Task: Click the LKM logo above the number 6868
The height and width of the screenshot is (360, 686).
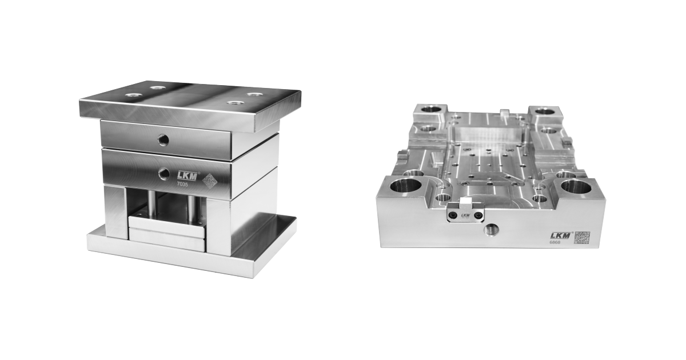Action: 559,234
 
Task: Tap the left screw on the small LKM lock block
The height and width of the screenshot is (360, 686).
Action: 453,215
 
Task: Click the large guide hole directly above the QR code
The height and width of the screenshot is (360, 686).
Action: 576,186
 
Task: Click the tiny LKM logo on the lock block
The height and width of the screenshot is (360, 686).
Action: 465,215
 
